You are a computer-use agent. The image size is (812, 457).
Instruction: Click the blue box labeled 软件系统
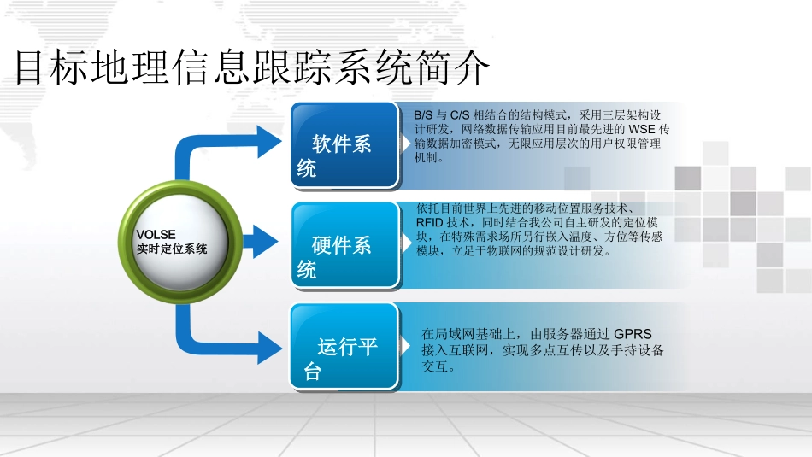[x=344, y=145]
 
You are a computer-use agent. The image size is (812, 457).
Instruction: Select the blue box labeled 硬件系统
[x=344, y=246]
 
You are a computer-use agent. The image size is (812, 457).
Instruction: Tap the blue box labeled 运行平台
[x=344, y=348]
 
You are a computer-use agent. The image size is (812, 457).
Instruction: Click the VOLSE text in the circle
[x=156, y=234]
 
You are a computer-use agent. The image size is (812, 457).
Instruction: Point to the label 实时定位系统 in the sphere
[x=172, y=249]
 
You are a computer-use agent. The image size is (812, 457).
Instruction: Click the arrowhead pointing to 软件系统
[x=268, y=142]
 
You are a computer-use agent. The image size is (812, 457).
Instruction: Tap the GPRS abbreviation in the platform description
[x=633, y=335]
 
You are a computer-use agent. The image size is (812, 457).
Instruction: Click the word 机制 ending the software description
[x=427, y=158]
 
